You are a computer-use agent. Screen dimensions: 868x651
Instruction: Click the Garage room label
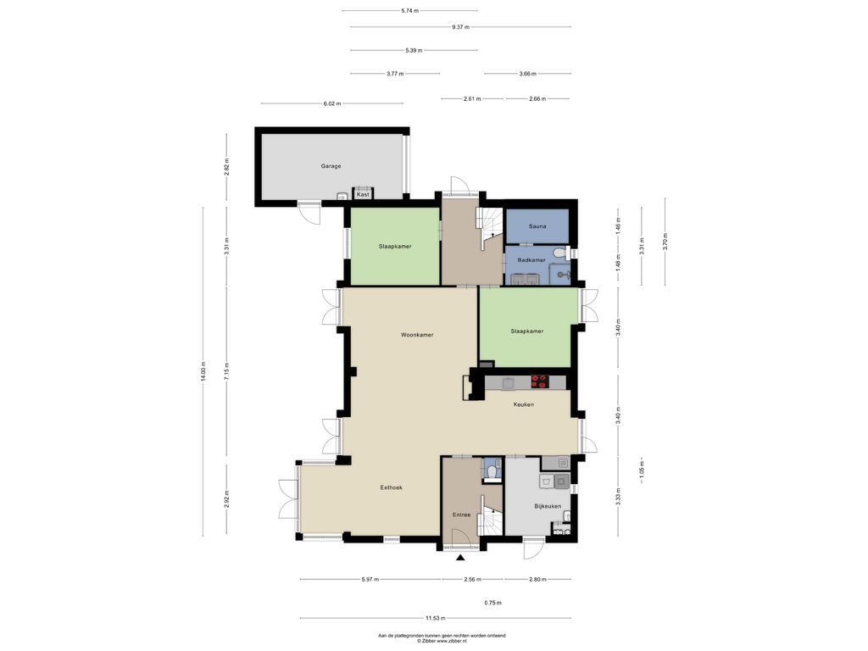pos(331,166)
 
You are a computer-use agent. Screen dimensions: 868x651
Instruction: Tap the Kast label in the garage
pos(363,195)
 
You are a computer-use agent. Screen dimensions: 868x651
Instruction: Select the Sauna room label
pos(537,226)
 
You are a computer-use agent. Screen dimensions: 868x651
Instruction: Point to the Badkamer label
pos(531,260)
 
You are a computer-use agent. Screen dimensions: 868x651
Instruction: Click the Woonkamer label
pos(417,335)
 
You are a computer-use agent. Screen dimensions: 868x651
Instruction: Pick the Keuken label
pos(524,404)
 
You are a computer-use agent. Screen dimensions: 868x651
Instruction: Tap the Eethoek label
pos(392,487)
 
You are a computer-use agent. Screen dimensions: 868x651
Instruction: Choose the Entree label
pos(462,515)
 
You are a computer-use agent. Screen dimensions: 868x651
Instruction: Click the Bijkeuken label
pos(548,507)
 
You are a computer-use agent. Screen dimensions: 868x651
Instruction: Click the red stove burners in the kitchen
pos(539,381)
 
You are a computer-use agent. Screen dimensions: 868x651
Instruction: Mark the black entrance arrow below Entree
pos(460,558)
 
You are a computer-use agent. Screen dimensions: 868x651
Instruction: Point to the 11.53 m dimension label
pos(435,618)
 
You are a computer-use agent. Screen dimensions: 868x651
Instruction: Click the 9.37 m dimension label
pos(460,26)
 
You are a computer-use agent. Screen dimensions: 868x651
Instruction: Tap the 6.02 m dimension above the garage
pos(331,103)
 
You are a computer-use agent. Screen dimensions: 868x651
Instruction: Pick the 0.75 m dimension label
pos(492,603)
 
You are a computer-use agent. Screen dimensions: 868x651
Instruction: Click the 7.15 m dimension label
pos(226,371)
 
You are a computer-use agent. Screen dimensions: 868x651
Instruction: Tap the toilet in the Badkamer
pos(561,253)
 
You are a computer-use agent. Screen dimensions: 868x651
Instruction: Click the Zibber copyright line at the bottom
pos(442,641)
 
